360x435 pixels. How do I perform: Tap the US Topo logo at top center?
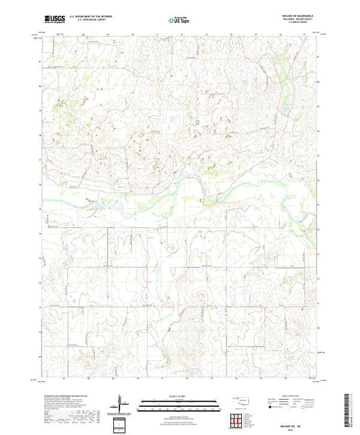click(x=180, y=21)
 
